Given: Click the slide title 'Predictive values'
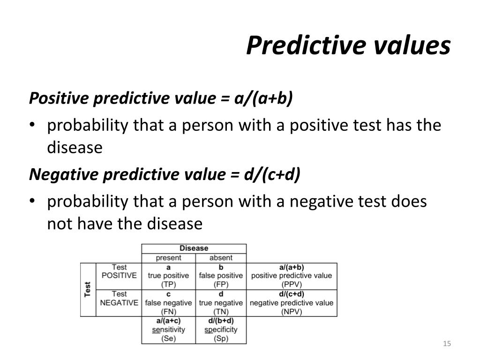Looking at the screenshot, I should point(348,45).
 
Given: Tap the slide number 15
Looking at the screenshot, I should point(446,345).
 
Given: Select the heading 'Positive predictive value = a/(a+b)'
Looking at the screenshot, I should point(161,98).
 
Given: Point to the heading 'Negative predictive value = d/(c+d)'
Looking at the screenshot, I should point(165,174).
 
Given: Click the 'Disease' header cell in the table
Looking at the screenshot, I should point(194,248).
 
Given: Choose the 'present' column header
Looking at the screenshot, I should point(168,258).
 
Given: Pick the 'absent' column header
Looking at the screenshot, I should point(221,258).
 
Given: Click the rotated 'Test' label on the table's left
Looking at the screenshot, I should point(88,289).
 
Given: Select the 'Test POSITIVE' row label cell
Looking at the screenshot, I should point(119,276).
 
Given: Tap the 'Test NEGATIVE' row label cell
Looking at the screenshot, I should point(119,302).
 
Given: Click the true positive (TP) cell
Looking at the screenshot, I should point(168,276).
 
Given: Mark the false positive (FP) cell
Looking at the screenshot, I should point(221,276).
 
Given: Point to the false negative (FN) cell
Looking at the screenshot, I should point(168,302).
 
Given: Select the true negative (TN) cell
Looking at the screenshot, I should point(221,302).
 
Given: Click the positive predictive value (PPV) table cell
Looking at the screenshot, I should point(291,276).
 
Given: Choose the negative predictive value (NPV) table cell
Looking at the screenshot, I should point(291,302).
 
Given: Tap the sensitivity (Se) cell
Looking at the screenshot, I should point(168,330).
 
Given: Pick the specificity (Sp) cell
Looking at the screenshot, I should point(221,330).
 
